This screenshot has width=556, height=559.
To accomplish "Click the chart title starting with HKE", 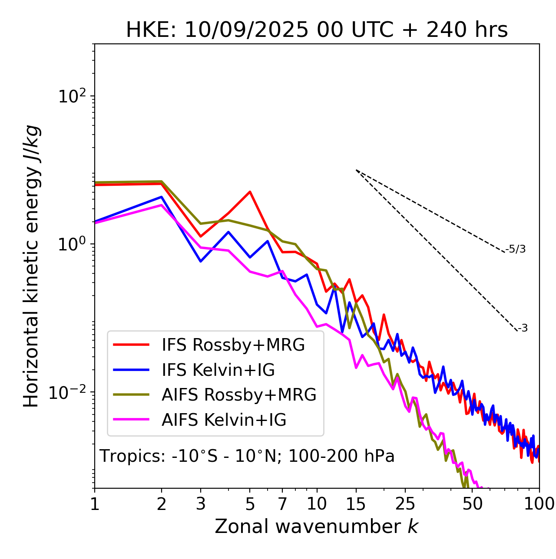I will point(317,30).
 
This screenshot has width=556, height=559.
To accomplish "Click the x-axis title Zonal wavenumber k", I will point(317,526).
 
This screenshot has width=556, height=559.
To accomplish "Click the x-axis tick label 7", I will point(282,504).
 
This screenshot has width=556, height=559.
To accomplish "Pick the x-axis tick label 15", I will point(356,504).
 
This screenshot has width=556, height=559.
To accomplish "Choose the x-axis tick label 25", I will point(405,504).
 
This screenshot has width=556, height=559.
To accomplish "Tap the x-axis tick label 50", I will point(473,504).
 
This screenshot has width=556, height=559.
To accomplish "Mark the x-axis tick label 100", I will point(539,504).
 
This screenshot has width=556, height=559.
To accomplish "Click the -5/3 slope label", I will point(516,250).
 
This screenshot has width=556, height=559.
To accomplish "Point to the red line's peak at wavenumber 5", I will point(250,191).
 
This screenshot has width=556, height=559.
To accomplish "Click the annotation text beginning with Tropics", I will point(247,456).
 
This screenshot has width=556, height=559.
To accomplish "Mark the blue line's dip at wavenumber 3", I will point(201,261).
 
